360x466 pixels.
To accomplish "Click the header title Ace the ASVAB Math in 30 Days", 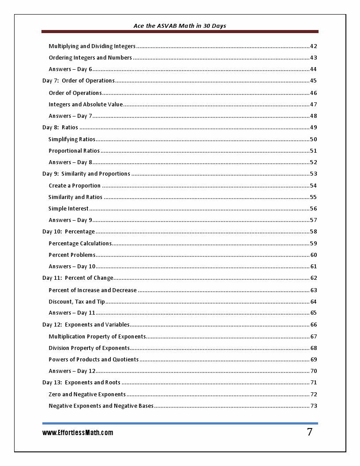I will (180, 26).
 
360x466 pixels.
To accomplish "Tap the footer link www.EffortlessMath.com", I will (78, 433).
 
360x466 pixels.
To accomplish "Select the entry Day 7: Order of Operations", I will (79, 81).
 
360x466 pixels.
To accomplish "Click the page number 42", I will (314, 46).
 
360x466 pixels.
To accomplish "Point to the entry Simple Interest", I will (68, 209).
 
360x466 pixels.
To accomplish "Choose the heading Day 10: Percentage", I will (68, 232).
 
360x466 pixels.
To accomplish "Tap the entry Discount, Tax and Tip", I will (77, 302).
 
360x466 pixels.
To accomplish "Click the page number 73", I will (314, 406).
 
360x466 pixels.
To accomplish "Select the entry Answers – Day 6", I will (71, 69).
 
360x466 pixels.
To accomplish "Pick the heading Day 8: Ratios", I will (60, 128).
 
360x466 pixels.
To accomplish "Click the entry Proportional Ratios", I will (74, 151).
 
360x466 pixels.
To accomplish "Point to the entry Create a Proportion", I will (75, 186).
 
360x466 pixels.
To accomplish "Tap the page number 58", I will (314, 232).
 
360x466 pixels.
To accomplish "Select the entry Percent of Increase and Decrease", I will (93, 290).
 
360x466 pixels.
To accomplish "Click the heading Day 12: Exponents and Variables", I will (86, 325).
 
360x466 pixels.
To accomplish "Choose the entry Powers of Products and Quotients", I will (94, 360).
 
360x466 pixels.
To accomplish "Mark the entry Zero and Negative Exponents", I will (87, 395).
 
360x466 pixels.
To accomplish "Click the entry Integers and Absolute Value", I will (86, 105).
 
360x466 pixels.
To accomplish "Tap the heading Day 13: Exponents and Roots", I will (81, 383).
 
